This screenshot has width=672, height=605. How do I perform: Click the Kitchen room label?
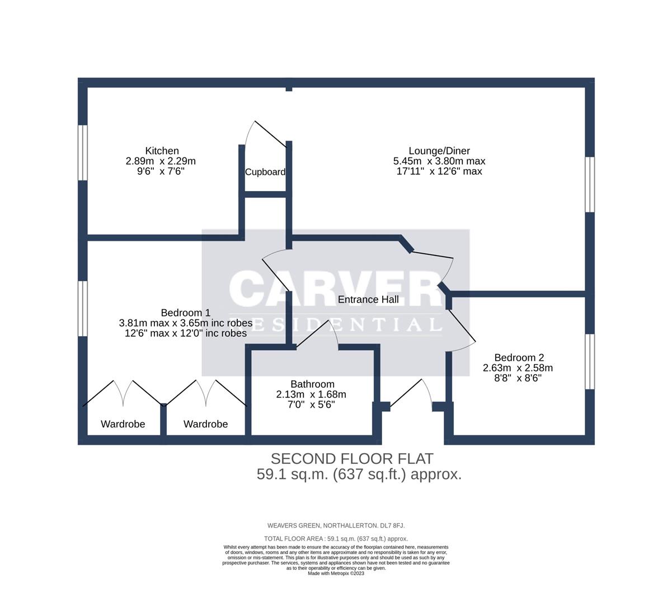coord(162,151)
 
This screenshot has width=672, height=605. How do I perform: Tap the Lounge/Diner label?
coord(439,151)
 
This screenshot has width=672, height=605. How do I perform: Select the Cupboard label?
coord(265,172)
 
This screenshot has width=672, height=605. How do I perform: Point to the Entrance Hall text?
coord(368,299)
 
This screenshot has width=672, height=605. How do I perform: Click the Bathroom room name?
coord(312,384)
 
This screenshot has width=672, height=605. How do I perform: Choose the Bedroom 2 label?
coord(519,357)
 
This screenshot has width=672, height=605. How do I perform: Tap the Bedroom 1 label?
coord(185,313)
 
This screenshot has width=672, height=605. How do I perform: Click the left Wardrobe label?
coord(123,424)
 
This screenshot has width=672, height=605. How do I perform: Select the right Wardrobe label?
coord(205,424)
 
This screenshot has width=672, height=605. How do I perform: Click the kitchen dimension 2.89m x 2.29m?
coord(161,161)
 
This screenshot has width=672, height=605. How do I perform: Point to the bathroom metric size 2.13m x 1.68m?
coord(311,394)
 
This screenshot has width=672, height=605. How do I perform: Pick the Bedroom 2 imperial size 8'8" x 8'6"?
coord(518,378)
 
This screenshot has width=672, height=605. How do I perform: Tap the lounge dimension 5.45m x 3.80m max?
coord(439,161)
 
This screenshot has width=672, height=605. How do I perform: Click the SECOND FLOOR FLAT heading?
coord(352,459)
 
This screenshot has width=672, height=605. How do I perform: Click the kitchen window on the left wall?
coord(83,152)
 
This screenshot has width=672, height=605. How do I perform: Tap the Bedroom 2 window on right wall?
coord(590,361)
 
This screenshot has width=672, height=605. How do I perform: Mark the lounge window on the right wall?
coord(590,184)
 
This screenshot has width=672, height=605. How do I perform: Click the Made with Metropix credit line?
coord(336,573)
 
